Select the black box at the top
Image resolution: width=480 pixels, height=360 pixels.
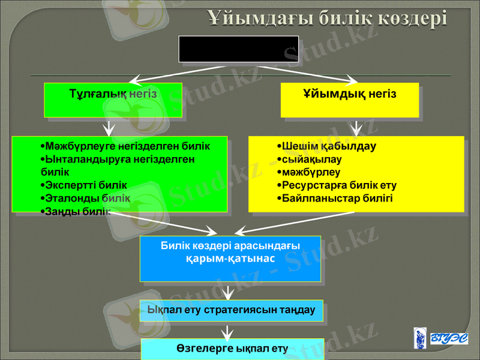point(230,49)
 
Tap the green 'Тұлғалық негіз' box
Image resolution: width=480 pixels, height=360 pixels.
point(113,100)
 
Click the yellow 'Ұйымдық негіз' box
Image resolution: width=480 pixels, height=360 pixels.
point(350,100)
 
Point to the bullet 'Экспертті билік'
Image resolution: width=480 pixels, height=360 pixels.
point(85,185)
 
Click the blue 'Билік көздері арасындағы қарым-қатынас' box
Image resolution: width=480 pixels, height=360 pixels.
point(230,259)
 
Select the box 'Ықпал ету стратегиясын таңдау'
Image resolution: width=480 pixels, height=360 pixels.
point(231,310)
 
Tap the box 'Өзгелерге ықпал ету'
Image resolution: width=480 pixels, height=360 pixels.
point(232,349)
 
